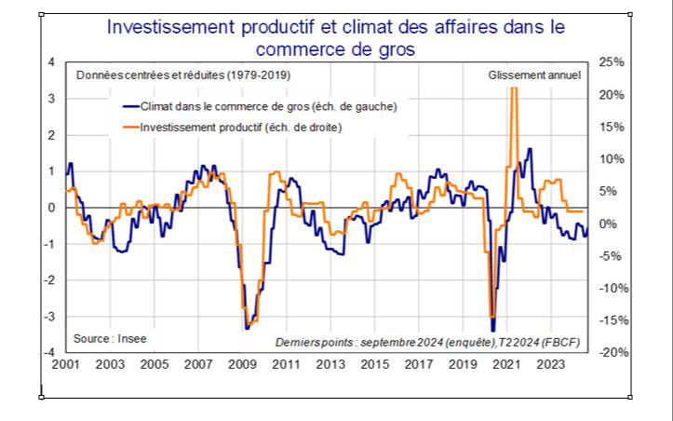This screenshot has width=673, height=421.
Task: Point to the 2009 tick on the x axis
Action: click(242, 365)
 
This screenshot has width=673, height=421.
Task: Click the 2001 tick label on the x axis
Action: click(65, 365)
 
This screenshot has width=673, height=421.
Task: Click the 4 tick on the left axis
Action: click(50, 62)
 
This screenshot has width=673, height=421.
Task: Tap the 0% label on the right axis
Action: click(609, 224)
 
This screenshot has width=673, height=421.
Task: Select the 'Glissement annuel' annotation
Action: click(533, 75)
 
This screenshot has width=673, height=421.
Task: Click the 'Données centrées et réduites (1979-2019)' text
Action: click(172, 75)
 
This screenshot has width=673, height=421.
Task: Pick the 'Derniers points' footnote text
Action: click(427, 342)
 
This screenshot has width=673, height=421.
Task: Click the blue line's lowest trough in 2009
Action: click(247, 328)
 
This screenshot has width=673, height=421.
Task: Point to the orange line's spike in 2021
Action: click(514, 93)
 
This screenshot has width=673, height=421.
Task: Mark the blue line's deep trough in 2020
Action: click(492, 317)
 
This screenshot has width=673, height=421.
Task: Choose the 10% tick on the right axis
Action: click(611, 159)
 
